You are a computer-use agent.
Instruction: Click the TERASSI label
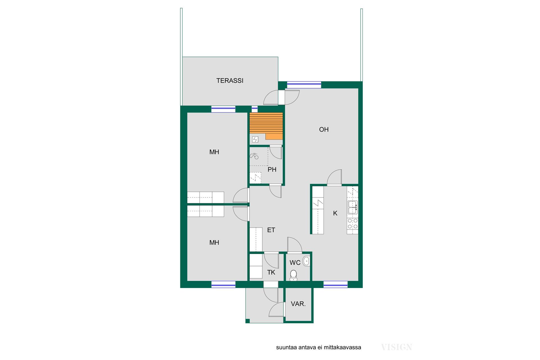tap(230, 81)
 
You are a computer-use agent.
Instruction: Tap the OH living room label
tap(324, 129)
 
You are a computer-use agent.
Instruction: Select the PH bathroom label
tap(272, 170)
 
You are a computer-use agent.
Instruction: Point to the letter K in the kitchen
tap(335, 213)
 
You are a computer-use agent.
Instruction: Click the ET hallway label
tap(271, 230)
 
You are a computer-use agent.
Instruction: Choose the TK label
tap(271, 272)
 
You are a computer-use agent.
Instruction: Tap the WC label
tap(295, 263)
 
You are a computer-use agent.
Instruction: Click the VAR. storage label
tap(298, 304)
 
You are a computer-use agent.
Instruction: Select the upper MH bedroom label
tap(214, 152)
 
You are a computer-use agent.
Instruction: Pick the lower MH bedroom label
tap(214, 242)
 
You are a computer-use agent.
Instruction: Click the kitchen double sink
tap(353, 208)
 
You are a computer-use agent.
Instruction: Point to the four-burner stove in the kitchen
tap(353, 224)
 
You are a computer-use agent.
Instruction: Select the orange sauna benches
tap(266, 126)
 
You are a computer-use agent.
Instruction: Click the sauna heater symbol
tap(255, 139)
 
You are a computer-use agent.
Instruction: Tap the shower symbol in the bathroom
tap(254, 156)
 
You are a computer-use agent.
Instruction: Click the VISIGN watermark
tap(397, 347)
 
